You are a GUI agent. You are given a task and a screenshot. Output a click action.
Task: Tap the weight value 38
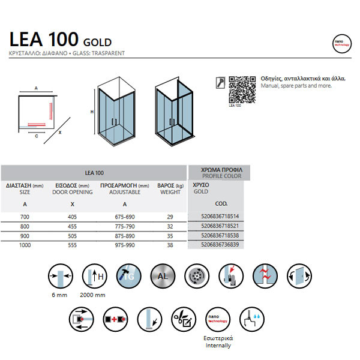pos(170,244)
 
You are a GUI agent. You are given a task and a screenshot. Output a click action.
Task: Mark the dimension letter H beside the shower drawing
pos(91,112)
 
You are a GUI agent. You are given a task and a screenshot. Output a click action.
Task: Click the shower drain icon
pos(196,277)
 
